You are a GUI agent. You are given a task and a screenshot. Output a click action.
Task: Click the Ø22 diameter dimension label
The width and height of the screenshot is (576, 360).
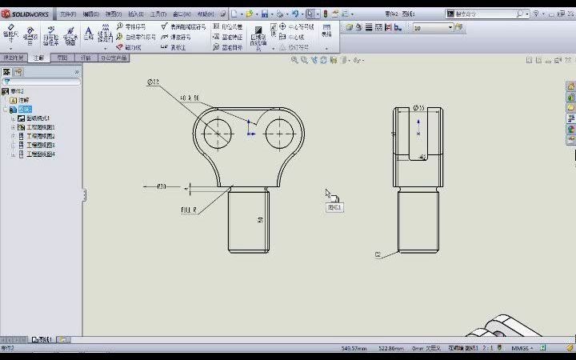click(153, 82)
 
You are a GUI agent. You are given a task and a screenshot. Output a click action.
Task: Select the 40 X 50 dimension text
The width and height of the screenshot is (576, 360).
click(190, 98)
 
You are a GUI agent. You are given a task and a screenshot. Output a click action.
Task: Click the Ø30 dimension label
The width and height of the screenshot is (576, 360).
click(161, 186)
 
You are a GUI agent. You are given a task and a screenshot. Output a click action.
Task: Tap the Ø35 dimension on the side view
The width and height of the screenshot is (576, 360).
click(418, 107)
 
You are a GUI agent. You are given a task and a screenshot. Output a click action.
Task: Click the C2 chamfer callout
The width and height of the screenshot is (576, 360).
click(378, 254)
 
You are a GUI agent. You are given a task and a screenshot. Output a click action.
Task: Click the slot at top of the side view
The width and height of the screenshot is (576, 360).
click(418, 132)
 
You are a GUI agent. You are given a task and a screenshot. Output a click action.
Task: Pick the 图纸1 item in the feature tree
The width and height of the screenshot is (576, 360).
click(26, 109)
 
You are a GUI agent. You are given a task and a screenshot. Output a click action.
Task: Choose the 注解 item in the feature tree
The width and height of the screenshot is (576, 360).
click(23, 100)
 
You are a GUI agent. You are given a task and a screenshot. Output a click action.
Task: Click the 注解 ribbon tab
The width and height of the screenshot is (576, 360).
click(38, 58)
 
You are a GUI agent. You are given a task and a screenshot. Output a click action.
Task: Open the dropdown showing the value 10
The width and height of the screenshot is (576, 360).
click(433, 27)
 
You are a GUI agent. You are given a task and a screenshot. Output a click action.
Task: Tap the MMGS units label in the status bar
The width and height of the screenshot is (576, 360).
click(521, 348)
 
